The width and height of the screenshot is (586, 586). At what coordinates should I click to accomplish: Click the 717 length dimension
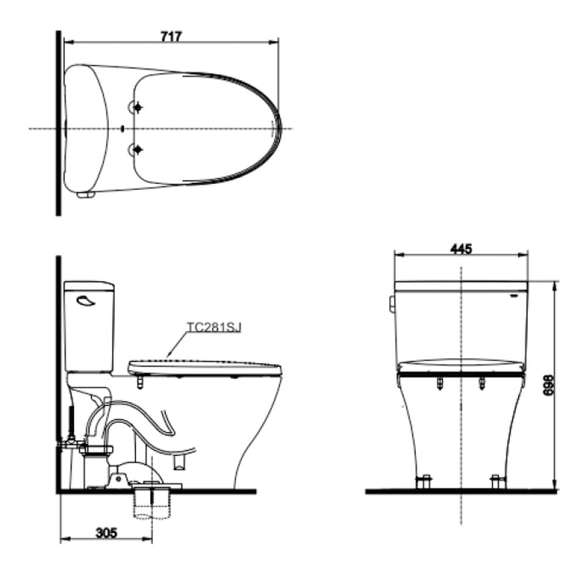[171, 36]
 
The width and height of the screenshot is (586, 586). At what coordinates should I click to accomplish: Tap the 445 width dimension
[461, 249]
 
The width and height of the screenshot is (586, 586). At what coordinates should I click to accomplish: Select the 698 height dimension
[548, 385]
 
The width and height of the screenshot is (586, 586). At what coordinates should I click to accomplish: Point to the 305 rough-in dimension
[107, 533]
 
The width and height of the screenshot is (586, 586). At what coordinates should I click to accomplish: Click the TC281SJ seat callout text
[214, 328]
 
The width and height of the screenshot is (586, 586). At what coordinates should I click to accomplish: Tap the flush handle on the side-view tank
[85, 301]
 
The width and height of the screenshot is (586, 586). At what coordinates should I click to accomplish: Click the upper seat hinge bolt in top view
[138, 108]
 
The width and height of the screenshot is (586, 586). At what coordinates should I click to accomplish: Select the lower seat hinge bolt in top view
[138, 149]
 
